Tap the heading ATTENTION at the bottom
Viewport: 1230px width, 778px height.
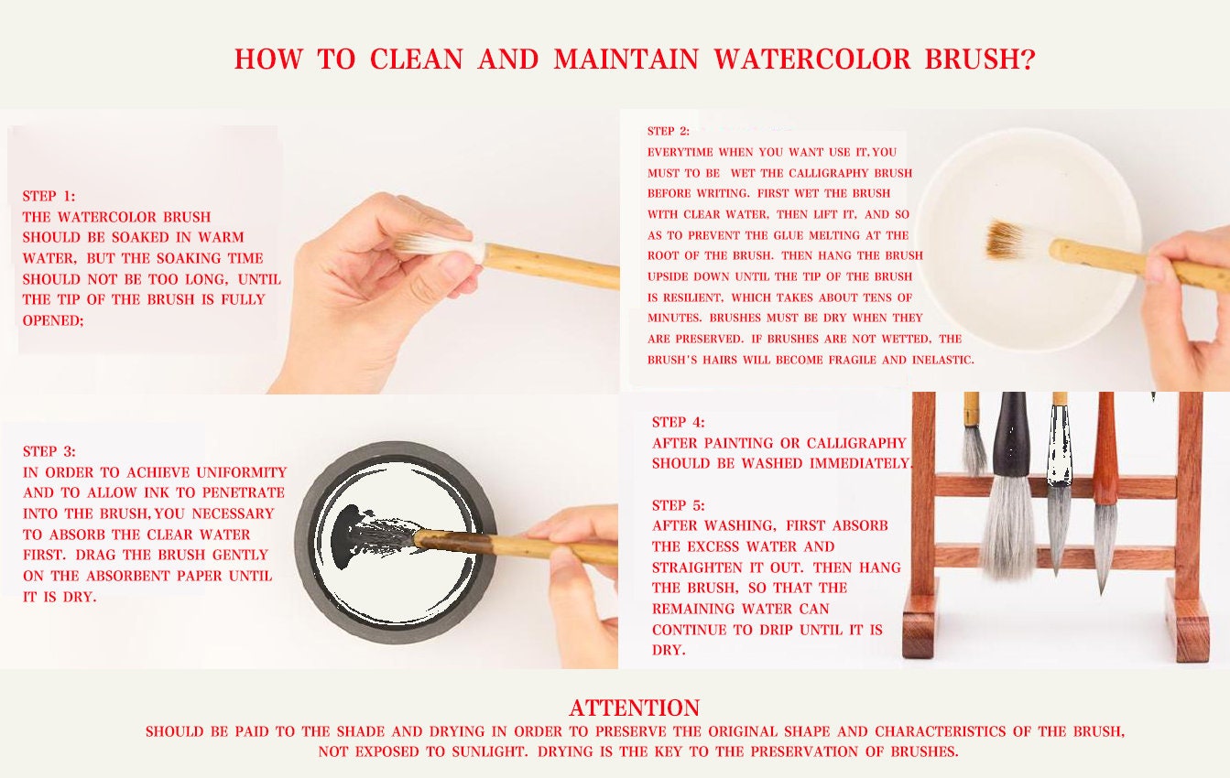tap(634, 708)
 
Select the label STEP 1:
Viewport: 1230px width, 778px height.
tap(49, 196)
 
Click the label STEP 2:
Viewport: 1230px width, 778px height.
tap(669, 131)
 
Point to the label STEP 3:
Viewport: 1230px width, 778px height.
tap(49, 451)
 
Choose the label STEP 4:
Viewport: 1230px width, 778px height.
tap(678, 422)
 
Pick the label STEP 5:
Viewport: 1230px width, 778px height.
tap(678, 504)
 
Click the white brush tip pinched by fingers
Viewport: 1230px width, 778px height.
tap(440, 245)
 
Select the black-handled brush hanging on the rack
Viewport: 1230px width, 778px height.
tap(1010, 486)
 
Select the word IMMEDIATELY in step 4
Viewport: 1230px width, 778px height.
tap(860, 464)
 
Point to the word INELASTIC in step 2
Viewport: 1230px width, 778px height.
tap(942, 360)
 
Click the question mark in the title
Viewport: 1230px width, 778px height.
tap(1028, 59)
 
